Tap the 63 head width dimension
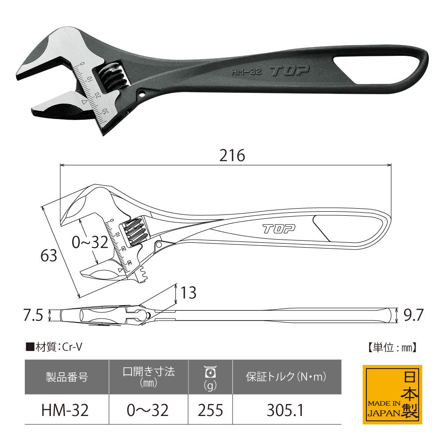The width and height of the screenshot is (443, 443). coord(49,256)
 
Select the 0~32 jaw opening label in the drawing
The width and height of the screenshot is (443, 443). coord(90,242)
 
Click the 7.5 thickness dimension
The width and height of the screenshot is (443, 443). coord(33,315)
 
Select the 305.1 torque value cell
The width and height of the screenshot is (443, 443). coord(287,410)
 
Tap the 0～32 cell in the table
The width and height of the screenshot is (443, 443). coord(148,410)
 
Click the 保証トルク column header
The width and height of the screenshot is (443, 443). coord(286,377)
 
